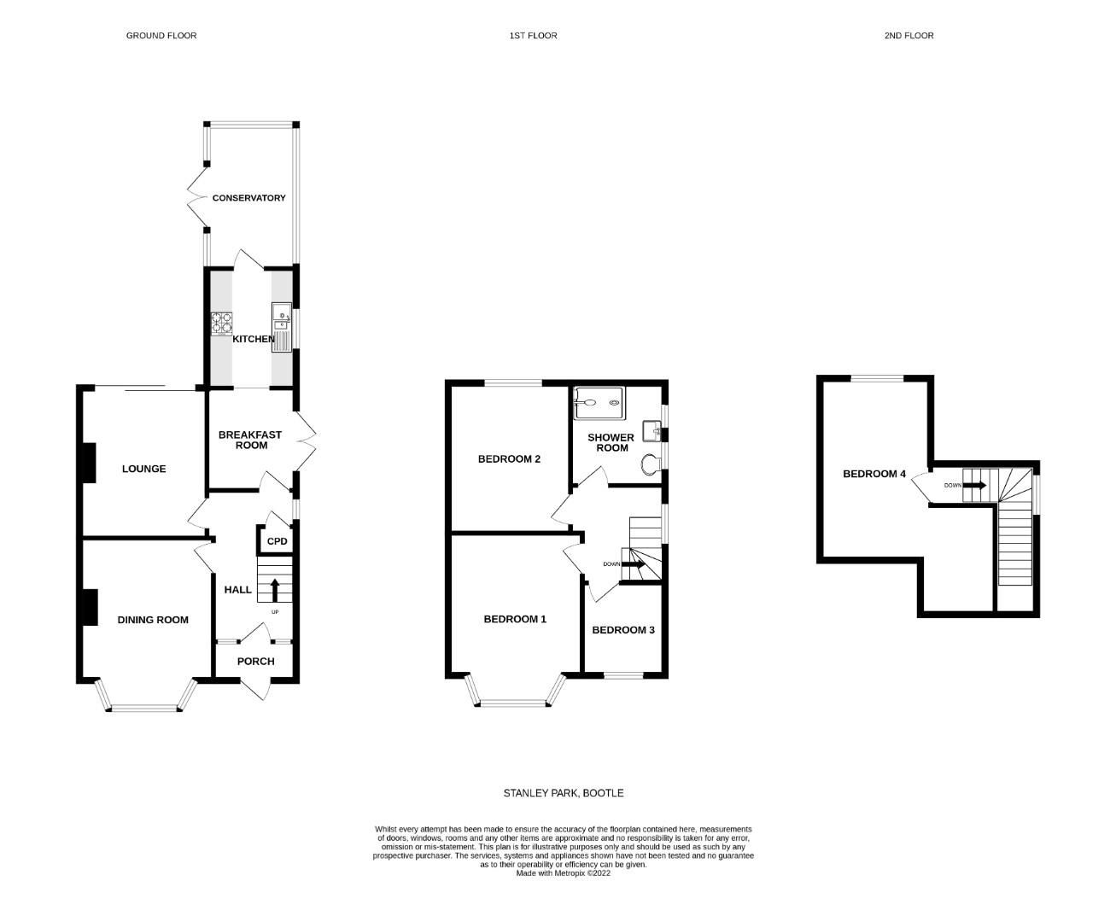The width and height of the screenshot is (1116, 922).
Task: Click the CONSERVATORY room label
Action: click(x=248, y=198)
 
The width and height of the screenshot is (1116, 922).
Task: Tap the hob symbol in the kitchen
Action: click(x=222, y=323)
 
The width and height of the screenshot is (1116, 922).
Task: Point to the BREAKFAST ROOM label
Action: click(x=250, y=440)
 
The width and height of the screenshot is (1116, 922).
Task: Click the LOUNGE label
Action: click(x=143, y=469)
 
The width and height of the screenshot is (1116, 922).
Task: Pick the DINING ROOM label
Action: click(x=153, y=620)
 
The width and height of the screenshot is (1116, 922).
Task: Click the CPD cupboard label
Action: click(x=278, y=542)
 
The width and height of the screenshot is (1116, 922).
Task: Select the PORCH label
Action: click(x=255, y=661)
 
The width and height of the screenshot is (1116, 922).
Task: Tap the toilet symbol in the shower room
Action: click(x=651, y=464)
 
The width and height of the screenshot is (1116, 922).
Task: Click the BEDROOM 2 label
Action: click(x=509, y=458)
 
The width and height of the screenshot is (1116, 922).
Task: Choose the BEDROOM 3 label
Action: click(x=623, y=630)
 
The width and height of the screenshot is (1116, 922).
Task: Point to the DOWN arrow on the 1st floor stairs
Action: click(x=635, y=563)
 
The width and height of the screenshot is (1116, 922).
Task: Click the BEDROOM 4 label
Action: click(x=874, y=474)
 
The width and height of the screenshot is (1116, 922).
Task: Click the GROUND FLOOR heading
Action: click(x=161, y=36)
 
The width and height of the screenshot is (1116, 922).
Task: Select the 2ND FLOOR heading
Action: click(x=909, y=36)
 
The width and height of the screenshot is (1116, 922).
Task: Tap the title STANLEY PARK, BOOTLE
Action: click(x=564, y=793)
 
